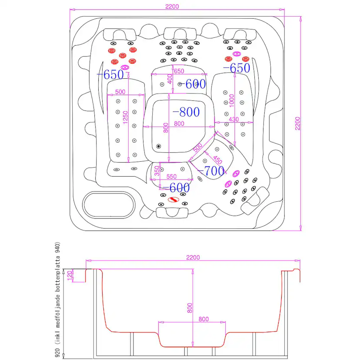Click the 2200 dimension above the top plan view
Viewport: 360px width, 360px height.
(x=172, y=7)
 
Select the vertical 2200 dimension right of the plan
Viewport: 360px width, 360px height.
(x=297, y=123)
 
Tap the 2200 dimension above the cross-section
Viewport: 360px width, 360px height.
(x=193, y=257)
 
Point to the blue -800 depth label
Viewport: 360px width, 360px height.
(x=186, y=112)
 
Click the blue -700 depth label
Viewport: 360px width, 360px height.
(x=211, y=171)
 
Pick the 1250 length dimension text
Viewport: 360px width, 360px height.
(x=125, y=117)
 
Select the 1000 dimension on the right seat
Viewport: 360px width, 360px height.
(x=232, y=100)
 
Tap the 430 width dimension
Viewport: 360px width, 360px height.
(x=233, y=120)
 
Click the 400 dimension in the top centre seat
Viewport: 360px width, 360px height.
(x=170, y=79)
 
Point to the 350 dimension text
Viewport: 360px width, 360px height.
(x=157, y=171)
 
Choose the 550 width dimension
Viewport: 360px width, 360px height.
(x=171, y=177)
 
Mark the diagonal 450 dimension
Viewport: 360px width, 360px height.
(x=217, y=160)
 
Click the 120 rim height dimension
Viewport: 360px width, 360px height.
(x=70, y=275)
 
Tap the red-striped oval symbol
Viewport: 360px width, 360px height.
(x=173, y=200)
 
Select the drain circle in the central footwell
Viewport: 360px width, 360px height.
(x=158, y=146)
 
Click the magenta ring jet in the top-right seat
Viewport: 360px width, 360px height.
(x=237, y=54)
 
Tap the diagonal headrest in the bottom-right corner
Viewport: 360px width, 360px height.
(x=255, y=201)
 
